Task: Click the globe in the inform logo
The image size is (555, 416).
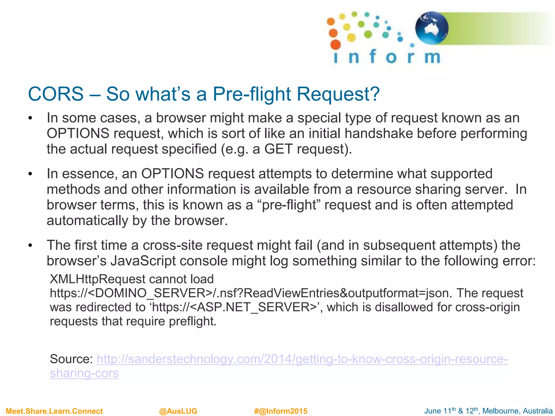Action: point(431,28)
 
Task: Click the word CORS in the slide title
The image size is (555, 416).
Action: point(56,94)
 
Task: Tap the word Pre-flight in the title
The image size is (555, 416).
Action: point(252,94)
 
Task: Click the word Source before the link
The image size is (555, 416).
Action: point(71,359)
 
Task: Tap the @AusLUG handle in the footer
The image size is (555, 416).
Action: point(178,411)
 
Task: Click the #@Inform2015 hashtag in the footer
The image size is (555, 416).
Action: point(281,411)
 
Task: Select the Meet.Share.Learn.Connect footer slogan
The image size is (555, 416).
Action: point(54,411)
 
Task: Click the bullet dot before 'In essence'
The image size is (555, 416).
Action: point(30,174)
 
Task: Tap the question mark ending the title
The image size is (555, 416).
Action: point(375,94)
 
